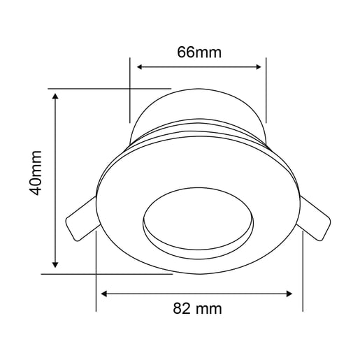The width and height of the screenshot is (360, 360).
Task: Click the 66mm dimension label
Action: pos(198,51)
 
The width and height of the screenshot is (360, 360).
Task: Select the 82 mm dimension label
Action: pos(198,308)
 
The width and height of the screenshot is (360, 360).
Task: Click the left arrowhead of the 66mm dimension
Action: pos(140,67)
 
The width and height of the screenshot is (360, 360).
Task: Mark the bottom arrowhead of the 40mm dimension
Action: pos(56,265)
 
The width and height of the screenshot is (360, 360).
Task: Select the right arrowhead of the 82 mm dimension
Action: pos(293,292)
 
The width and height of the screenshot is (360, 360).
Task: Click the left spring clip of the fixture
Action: pos(80,218)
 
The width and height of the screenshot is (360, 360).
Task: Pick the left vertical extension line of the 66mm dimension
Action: pos(130,91)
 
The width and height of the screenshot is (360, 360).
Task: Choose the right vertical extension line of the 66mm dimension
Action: pos(267,91)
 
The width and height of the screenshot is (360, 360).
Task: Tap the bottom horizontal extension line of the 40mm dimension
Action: pos(105,274)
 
